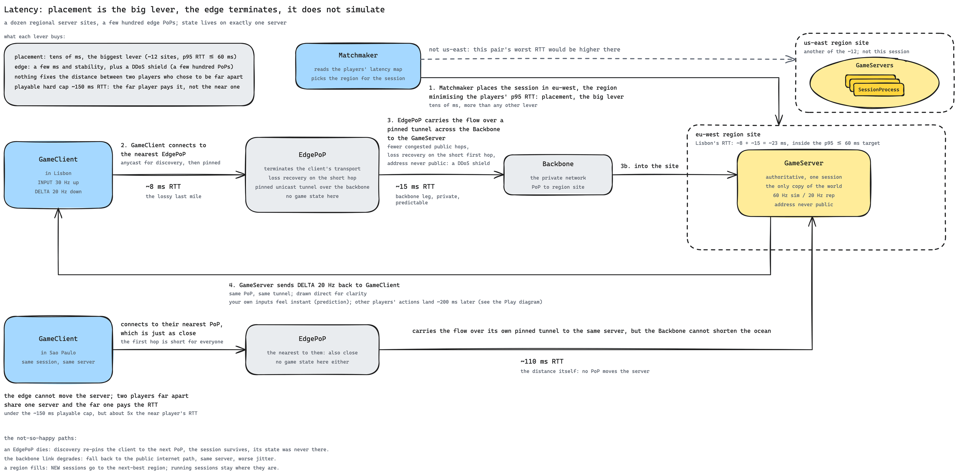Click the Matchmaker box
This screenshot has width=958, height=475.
point(358,66)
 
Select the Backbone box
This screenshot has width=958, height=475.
point(558,175)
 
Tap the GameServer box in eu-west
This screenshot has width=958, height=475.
point(804,183)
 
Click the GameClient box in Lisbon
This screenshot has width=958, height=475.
point(58,175)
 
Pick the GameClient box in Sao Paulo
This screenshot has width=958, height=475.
point(58,349)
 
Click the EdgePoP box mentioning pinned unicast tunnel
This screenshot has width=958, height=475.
point(312,175)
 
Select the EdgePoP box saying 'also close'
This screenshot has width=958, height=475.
point(312,349)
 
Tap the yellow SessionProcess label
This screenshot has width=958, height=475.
point(878,90)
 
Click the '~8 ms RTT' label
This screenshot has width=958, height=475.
point(163,186)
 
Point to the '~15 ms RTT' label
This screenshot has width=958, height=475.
point(415,186)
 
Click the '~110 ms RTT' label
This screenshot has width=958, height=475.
point(542,361)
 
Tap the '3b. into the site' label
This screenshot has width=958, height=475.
point(649,166)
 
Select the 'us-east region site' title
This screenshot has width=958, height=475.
point(836,43)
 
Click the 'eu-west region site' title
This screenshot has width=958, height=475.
point(728,134)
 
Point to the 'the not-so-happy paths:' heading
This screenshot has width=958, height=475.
point(41,438)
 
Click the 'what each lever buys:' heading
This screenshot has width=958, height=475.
point(34,36)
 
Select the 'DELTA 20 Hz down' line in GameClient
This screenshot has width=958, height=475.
point(58,192)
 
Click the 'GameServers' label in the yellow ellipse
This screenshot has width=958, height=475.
point(874,65)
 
